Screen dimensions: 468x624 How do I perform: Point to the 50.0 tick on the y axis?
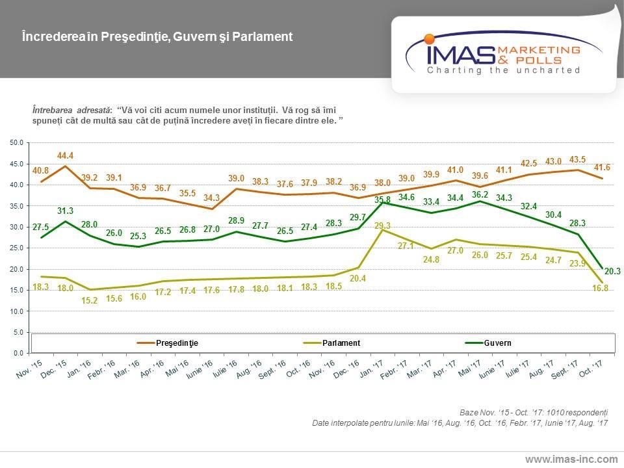click(17, 142)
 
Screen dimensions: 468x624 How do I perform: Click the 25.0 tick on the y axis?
click(17, 248)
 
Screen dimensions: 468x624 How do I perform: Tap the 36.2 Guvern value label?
click(479, 193)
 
